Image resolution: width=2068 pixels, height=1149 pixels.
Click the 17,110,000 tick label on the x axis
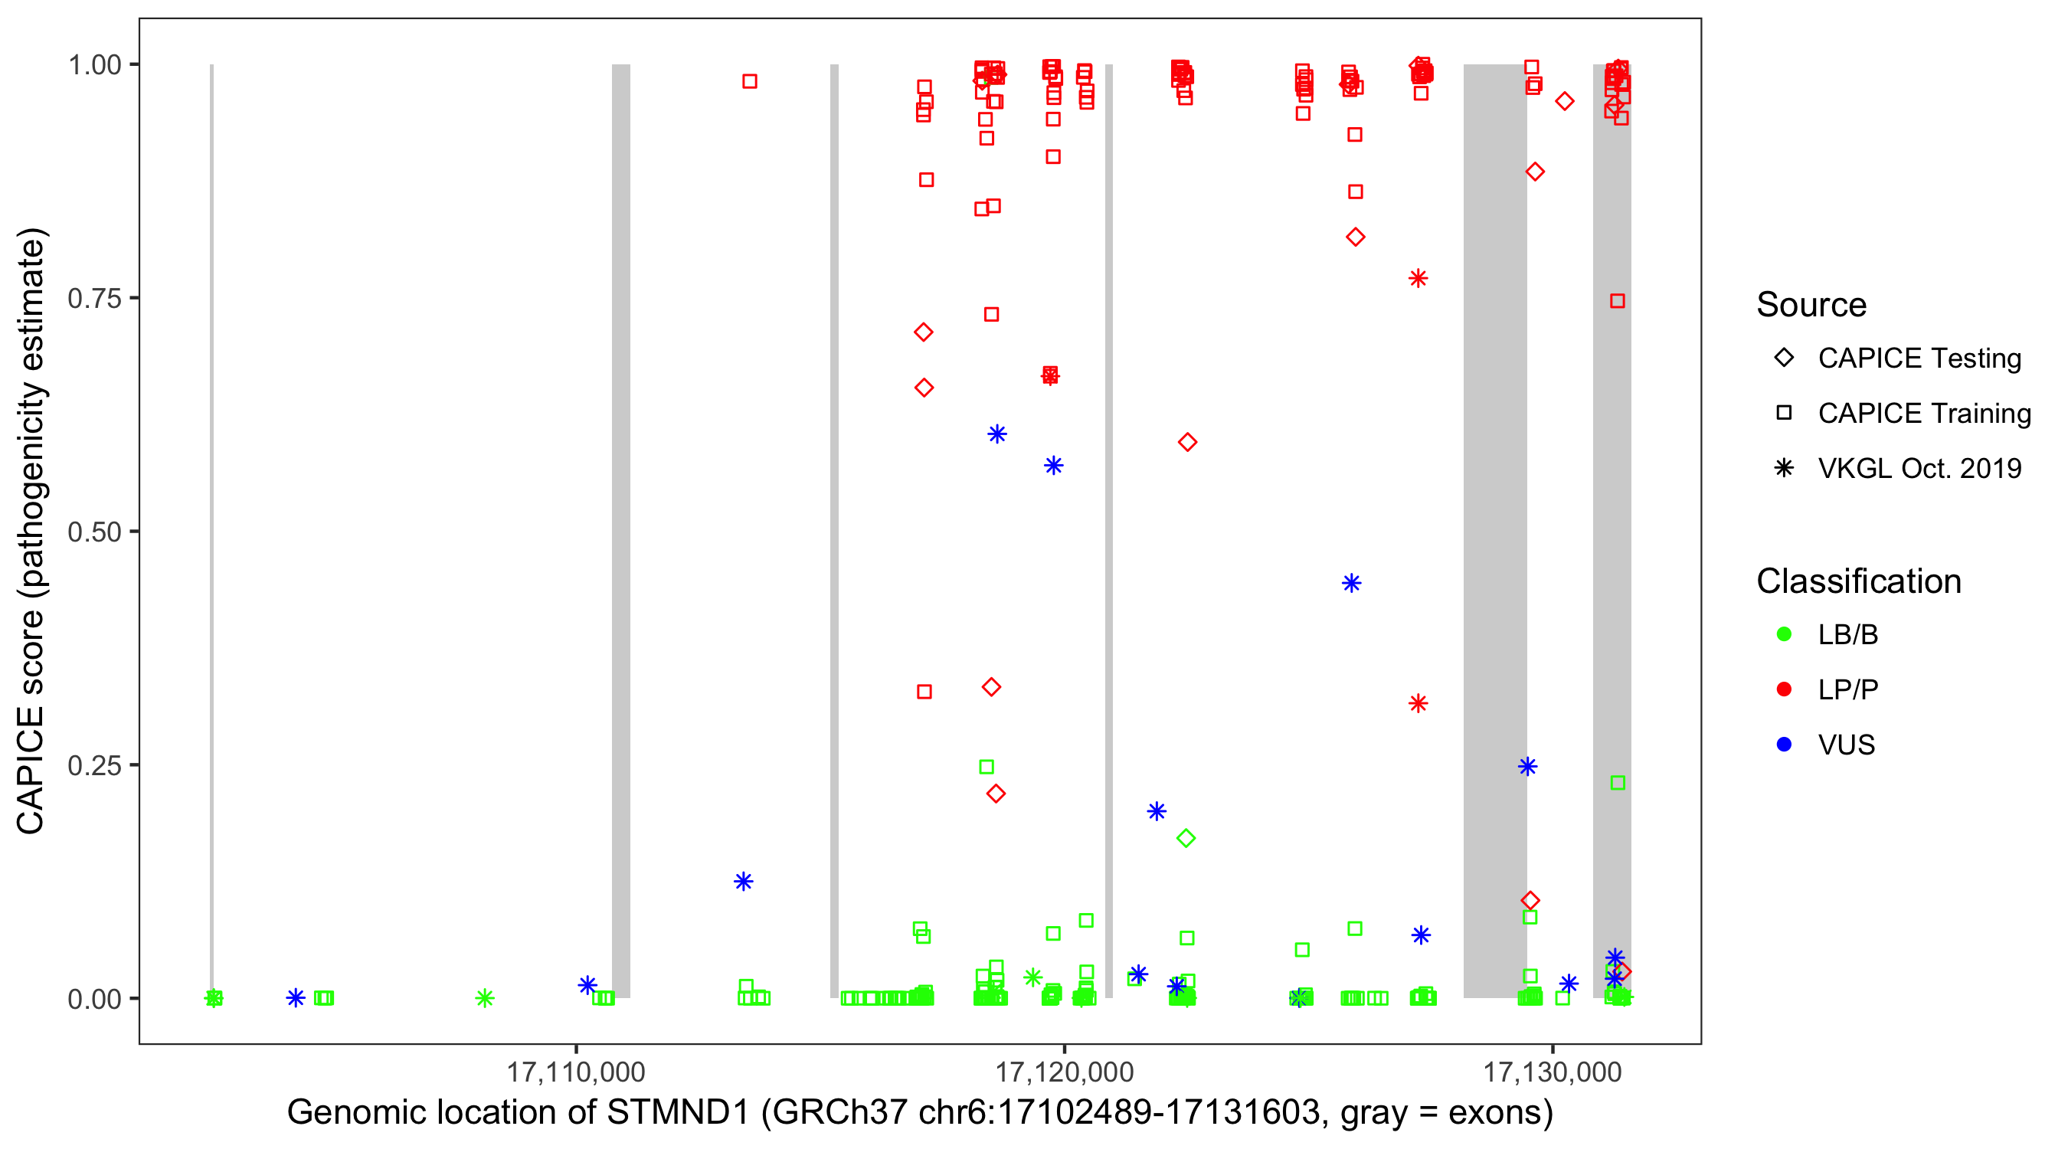(x=576, y=1072)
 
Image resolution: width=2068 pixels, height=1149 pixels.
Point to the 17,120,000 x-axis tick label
(x=1065, y=1072)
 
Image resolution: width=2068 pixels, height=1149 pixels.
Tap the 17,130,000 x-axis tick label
(x=1553, y=1072)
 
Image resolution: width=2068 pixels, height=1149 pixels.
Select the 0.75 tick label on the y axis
(x=94, y=299)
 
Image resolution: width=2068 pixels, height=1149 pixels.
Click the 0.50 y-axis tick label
(x=94, y=532)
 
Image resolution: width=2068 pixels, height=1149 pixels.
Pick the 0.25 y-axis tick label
(x=94, y=765)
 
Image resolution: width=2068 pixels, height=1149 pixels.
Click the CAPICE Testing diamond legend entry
(x=1784, y=358)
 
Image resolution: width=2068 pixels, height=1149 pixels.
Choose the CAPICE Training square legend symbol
(x=1784, y=414)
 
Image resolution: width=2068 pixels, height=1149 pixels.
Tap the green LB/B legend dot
(x=1784, y=634)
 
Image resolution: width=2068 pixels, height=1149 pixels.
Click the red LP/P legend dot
(x=1784, y=689)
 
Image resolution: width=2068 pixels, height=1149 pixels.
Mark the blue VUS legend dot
(x=1784, y=745)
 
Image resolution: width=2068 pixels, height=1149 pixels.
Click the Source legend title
(x=1811, y=305)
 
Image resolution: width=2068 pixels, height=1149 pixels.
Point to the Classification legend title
(x=1858, y=581)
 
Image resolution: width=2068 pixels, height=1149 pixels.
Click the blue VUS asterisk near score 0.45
(x=1351, y=583)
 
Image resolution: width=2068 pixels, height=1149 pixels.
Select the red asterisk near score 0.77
(x=1418, y=279)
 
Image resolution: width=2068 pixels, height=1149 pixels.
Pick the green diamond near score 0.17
(x=1186, y=838)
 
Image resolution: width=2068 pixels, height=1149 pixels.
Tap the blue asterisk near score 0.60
(x=997, y=434)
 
